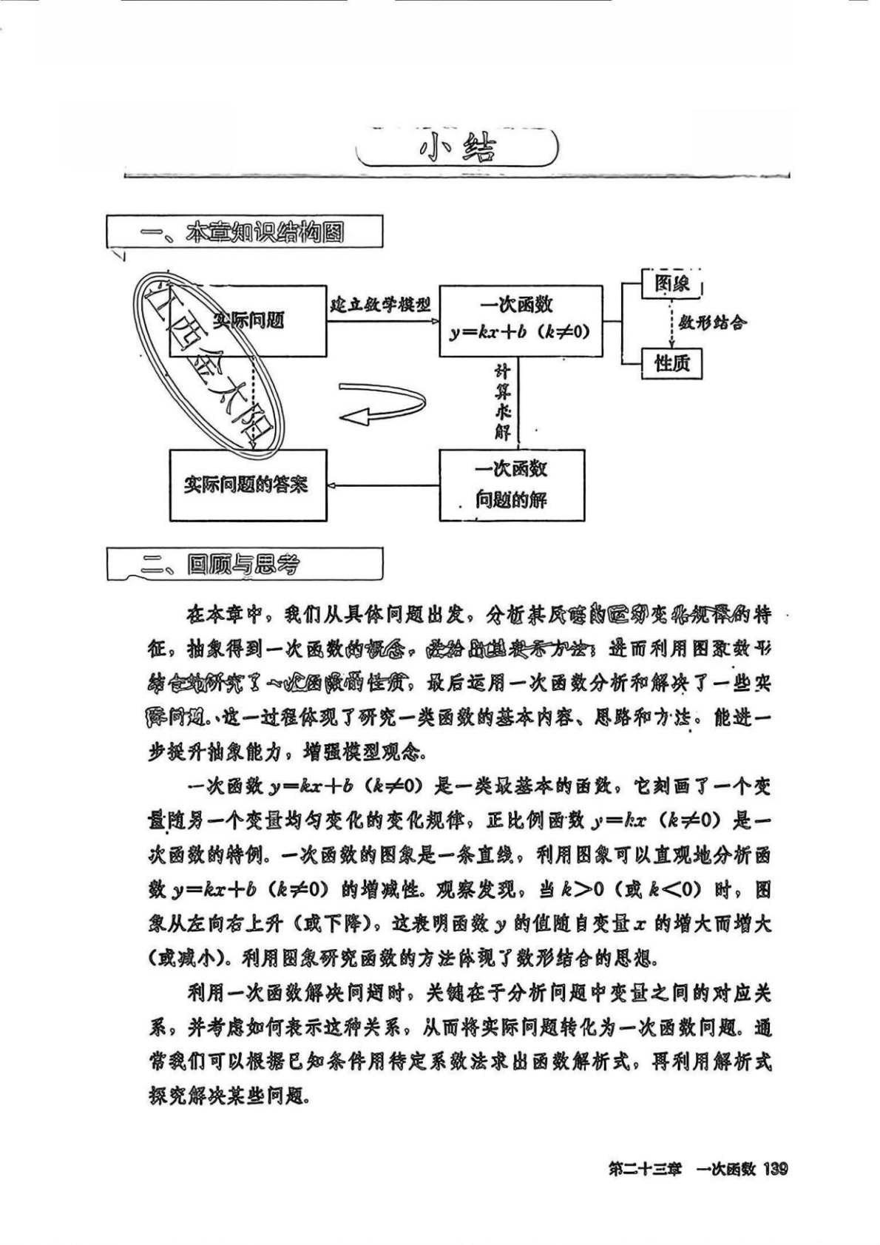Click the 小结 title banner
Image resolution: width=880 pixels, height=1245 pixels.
click(456, 148)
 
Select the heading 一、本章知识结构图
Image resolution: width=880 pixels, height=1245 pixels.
click(244, 232)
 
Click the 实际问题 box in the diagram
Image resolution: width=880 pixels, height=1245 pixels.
click(248, 320)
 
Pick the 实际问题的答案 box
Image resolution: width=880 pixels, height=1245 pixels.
click(248, 485)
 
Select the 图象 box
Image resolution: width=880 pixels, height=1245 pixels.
click(671, 283)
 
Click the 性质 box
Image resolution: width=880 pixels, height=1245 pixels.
click(671, 364)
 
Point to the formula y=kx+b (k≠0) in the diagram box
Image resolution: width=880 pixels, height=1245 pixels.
click(520, 332)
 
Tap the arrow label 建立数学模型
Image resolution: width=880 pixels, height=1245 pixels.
click(381, 304)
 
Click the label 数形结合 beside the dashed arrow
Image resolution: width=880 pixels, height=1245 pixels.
click(713, 323)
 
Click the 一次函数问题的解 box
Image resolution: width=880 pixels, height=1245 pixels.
click(512, 485)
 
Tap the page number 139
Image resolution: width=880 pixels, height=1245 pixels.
click(774, 1170)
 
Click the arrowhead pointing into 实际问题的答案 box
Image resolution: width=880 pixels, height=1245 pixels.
click(332, 485)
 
